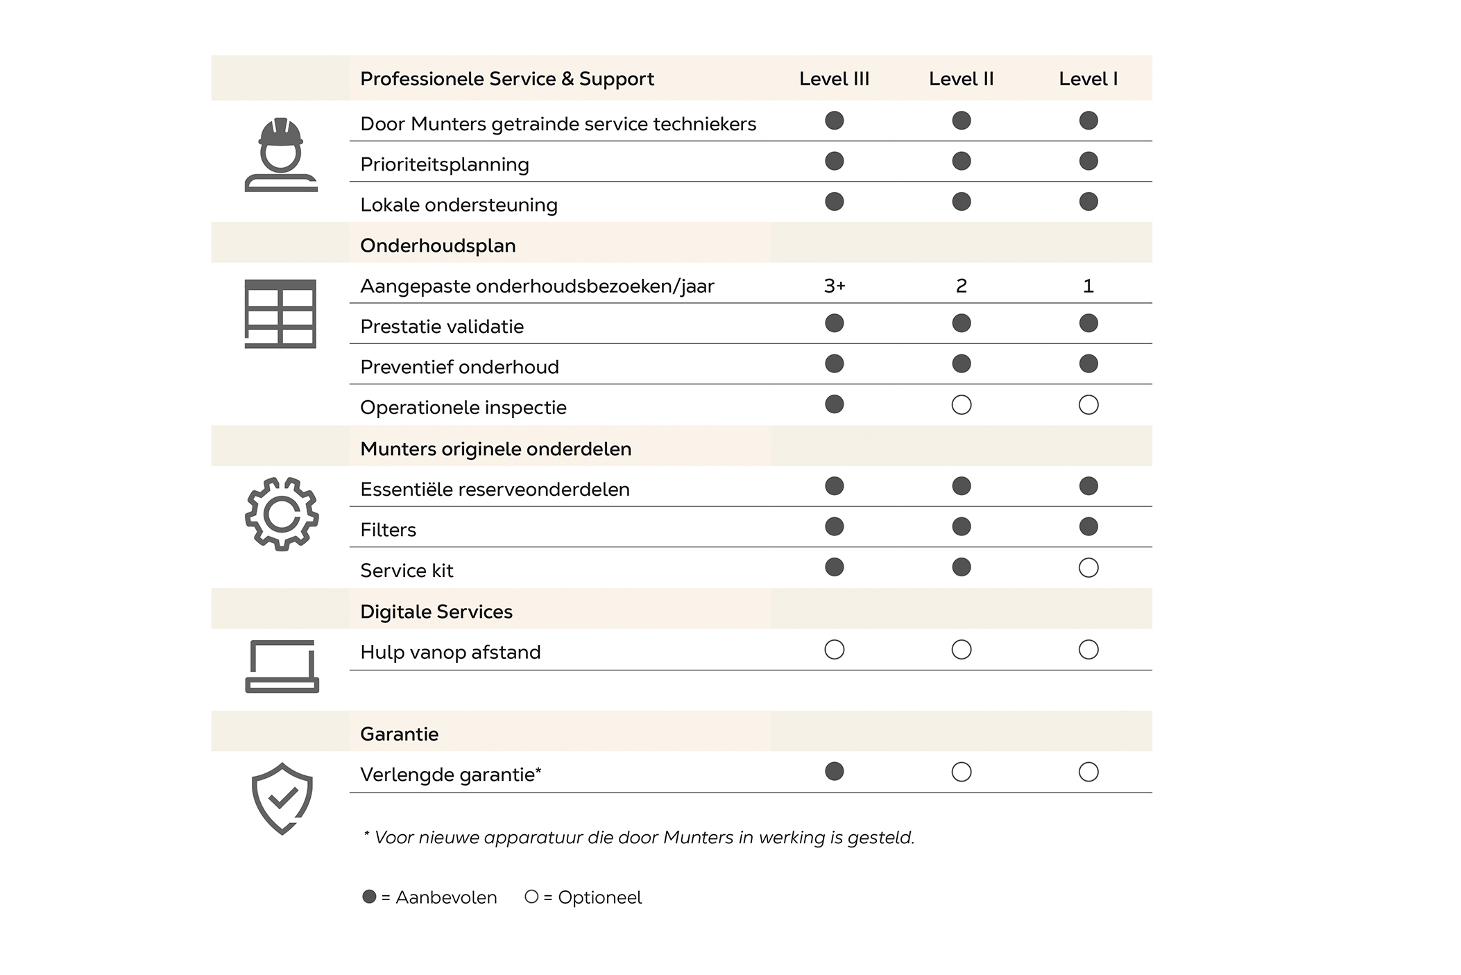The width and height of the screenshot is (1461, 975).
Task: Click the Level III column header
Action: click(x=834, y=79)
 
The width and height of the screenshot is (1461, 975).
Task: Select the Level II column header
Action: click(x=961, y=79)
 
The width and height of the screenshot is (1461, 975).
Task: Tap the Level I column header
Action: click(x=1088, y=79)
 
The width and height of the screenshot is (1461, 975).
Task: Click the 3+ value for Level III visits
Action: click(x=834, y=286)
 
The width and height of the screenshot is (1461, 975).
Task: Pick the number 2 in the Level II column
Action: click(x=961, y=286)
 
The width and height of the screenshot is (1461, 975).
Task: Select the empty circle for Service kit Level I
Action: click(x=1088, y=568)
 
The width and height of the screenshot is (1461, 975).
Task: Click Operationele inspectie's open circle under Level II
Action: click(x=962, y=405)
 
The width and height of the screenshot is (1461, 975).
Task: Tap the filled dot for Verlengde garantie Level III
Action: click(x=835, y=771)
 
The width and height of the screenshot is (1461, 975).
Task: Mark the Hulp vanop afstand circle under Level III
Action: click(x=835, y=650)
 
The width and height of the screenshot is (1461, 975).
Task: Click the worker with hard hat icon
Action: click(x=281, y=155)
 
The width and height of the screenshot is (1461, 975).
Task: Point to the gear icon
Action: click(x=282, y=514)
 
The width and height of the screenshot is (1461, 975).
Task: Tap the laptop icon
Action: click(x=282, y=666)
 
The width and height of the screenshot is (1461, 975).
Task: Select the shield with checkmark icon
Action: click(x=282, y=798)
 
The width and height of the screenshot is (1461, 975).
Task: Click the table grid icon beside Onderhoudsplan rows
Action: click(x=280, y=313)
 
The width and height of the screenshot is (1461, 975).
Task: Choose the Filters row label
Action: click(x=388, y=530)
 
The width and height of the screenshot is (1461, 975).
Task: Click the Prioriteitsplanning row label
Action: click(x=445, y=164)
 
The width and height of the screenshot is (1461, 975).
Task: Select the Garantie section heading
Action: click(x=399, y=734)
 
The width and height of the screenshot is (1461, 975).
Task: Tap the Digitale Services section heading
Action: click(x=436, y=612)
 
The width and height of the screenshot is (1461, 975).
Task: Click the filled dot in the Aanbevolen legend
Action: click(x=369, y=897)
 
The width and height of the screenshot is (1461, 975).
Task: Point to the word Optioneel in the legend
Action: click(x=599, y=897)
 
